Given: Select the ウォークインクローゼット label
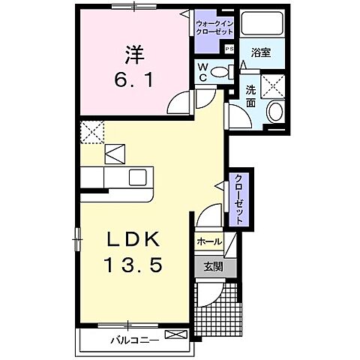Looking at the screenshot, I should coord(215,28).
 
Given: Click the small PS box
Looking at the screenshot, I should coord(229,49).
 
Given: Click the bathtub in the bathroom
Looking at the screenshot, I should coord(263,25).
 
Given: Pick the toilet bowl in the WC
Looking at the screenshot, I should coord(220,73).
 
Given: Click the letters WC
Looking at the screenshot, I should coord(202,72).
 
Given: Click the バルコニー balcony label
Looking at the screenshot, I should coord(134,340).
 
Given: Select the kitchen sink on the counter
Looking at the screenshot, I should coord(137,178).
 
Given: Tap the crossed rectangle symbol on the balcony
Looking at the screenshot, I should coord(175,334).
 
